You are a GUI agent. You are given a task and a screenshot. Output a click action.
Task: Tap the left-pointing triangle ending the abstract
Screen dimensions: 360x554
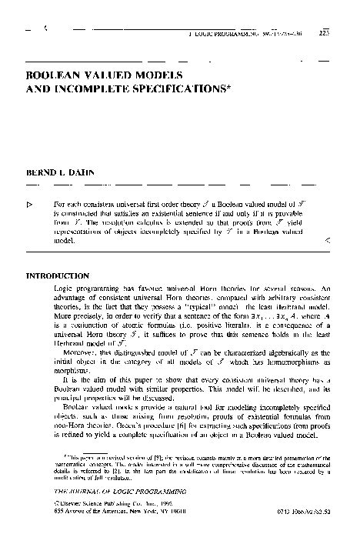coord(328,241)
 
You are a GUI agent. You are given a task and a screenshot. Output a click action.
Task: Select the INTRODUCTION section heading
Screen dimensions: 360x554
coord(58,275)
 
